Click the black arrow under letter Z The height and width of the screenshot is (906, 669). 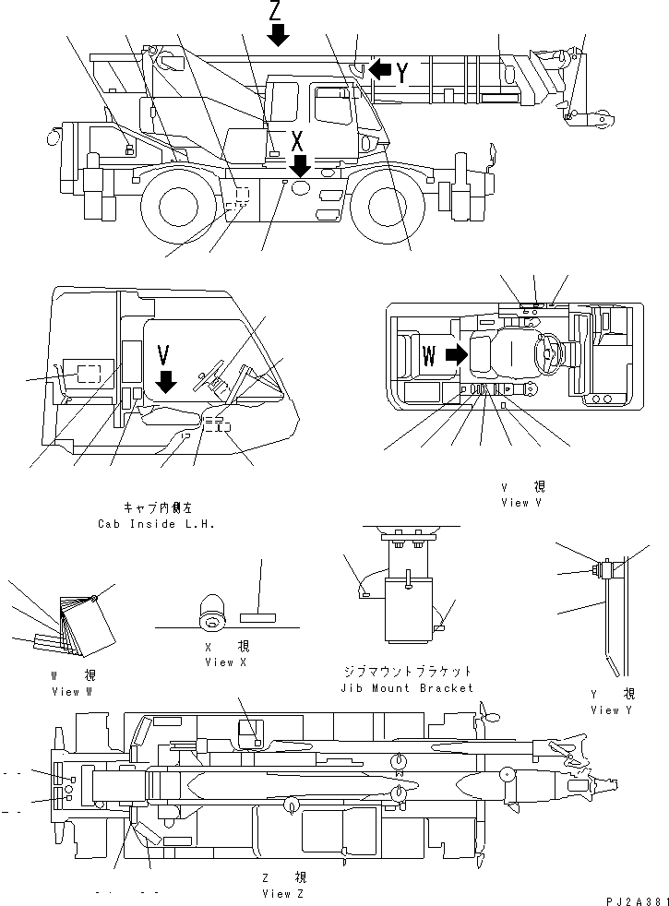tap(278, 35)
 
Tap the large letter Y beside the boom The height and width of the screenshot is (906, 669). tap(403, 72)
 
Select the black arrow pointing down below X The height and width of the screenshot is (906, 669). tap(298, 166)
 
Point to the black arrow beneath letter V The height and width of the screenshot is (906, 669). tap(166, 380)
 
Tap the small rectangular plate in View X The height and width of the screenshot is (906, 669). tap(257, 616)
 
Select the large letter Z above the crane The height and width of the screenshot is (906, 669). tap(276, 11)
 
